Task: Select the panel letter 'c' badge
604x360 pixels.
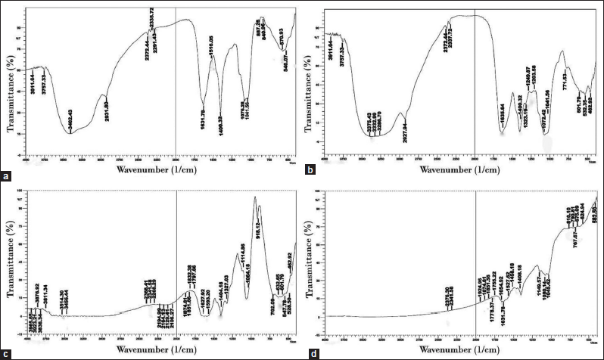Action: point(7,352)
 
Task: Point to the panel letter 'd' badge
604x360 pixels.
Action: point(309,352)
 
